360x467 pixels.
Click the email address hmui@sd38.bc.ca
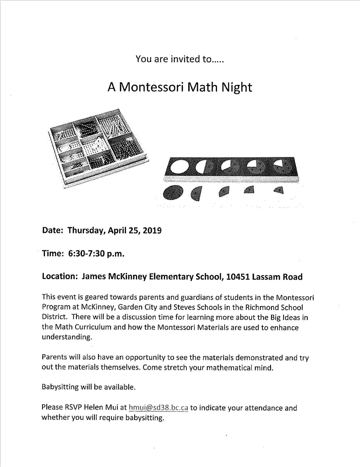158,408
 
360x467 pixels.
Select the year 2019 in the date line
152,230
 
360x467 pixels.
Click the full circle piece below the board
173,193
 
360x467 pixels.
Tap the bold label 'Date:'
53,230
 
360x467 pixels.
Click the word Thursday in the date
86,230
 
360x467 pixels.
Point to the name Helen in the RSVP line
93,407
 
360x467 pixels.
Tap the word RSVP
73,407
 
